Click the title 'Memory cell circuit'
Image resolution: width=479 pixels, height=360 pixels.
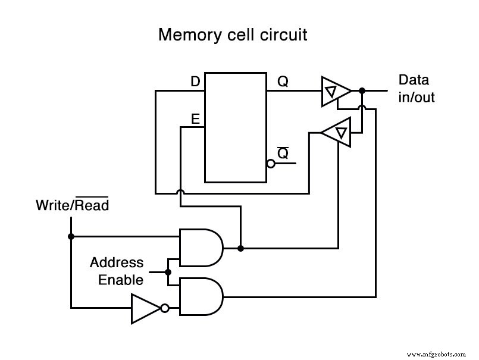tap(233, 35)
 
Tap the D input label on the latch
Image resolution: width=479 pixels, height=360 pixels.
tap(195, 82)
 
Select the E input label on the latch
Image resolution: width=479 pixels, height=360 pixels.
tap(195, 119)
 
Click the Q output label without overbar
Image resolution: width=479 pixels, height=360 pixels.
tap(283, 82)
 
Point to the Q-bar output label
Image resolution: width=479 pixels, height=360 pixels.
tap(283, 153)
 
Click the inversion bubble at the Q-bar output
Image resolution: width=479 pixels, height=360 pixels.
tap(271, 164)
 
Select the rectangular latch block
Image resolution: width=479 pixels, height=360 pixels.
tap(236, 127)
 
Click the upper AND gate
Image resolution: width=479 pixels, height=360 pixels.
tap(201, 247)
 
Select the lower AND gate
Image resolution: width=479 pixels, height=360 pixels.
tap(201, 296)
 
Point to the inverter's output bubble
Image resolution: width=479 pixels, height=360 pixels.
tap(164, 308)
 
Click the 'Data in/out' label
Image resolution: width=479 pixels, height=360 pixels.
tap(416, 88)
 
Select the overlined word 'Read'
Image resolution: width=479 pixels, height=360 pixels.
tap(92, 206)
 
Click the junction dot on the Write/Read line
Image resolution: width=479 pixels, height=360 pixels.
tap(71, 236)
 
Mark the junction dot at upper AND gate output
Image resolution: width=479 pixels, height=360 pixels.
tap(240, 247)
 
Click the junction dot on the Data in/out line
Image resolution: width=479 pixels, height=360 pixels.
tap(362, 91)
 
